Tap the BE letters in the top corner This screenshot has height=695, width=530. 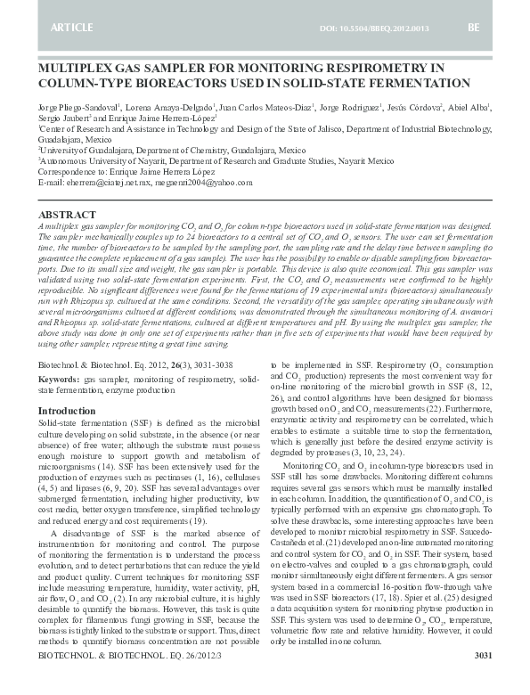(x=473, y=29)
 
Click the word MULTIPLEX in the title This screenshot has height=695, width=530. (x=78, y=68)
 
